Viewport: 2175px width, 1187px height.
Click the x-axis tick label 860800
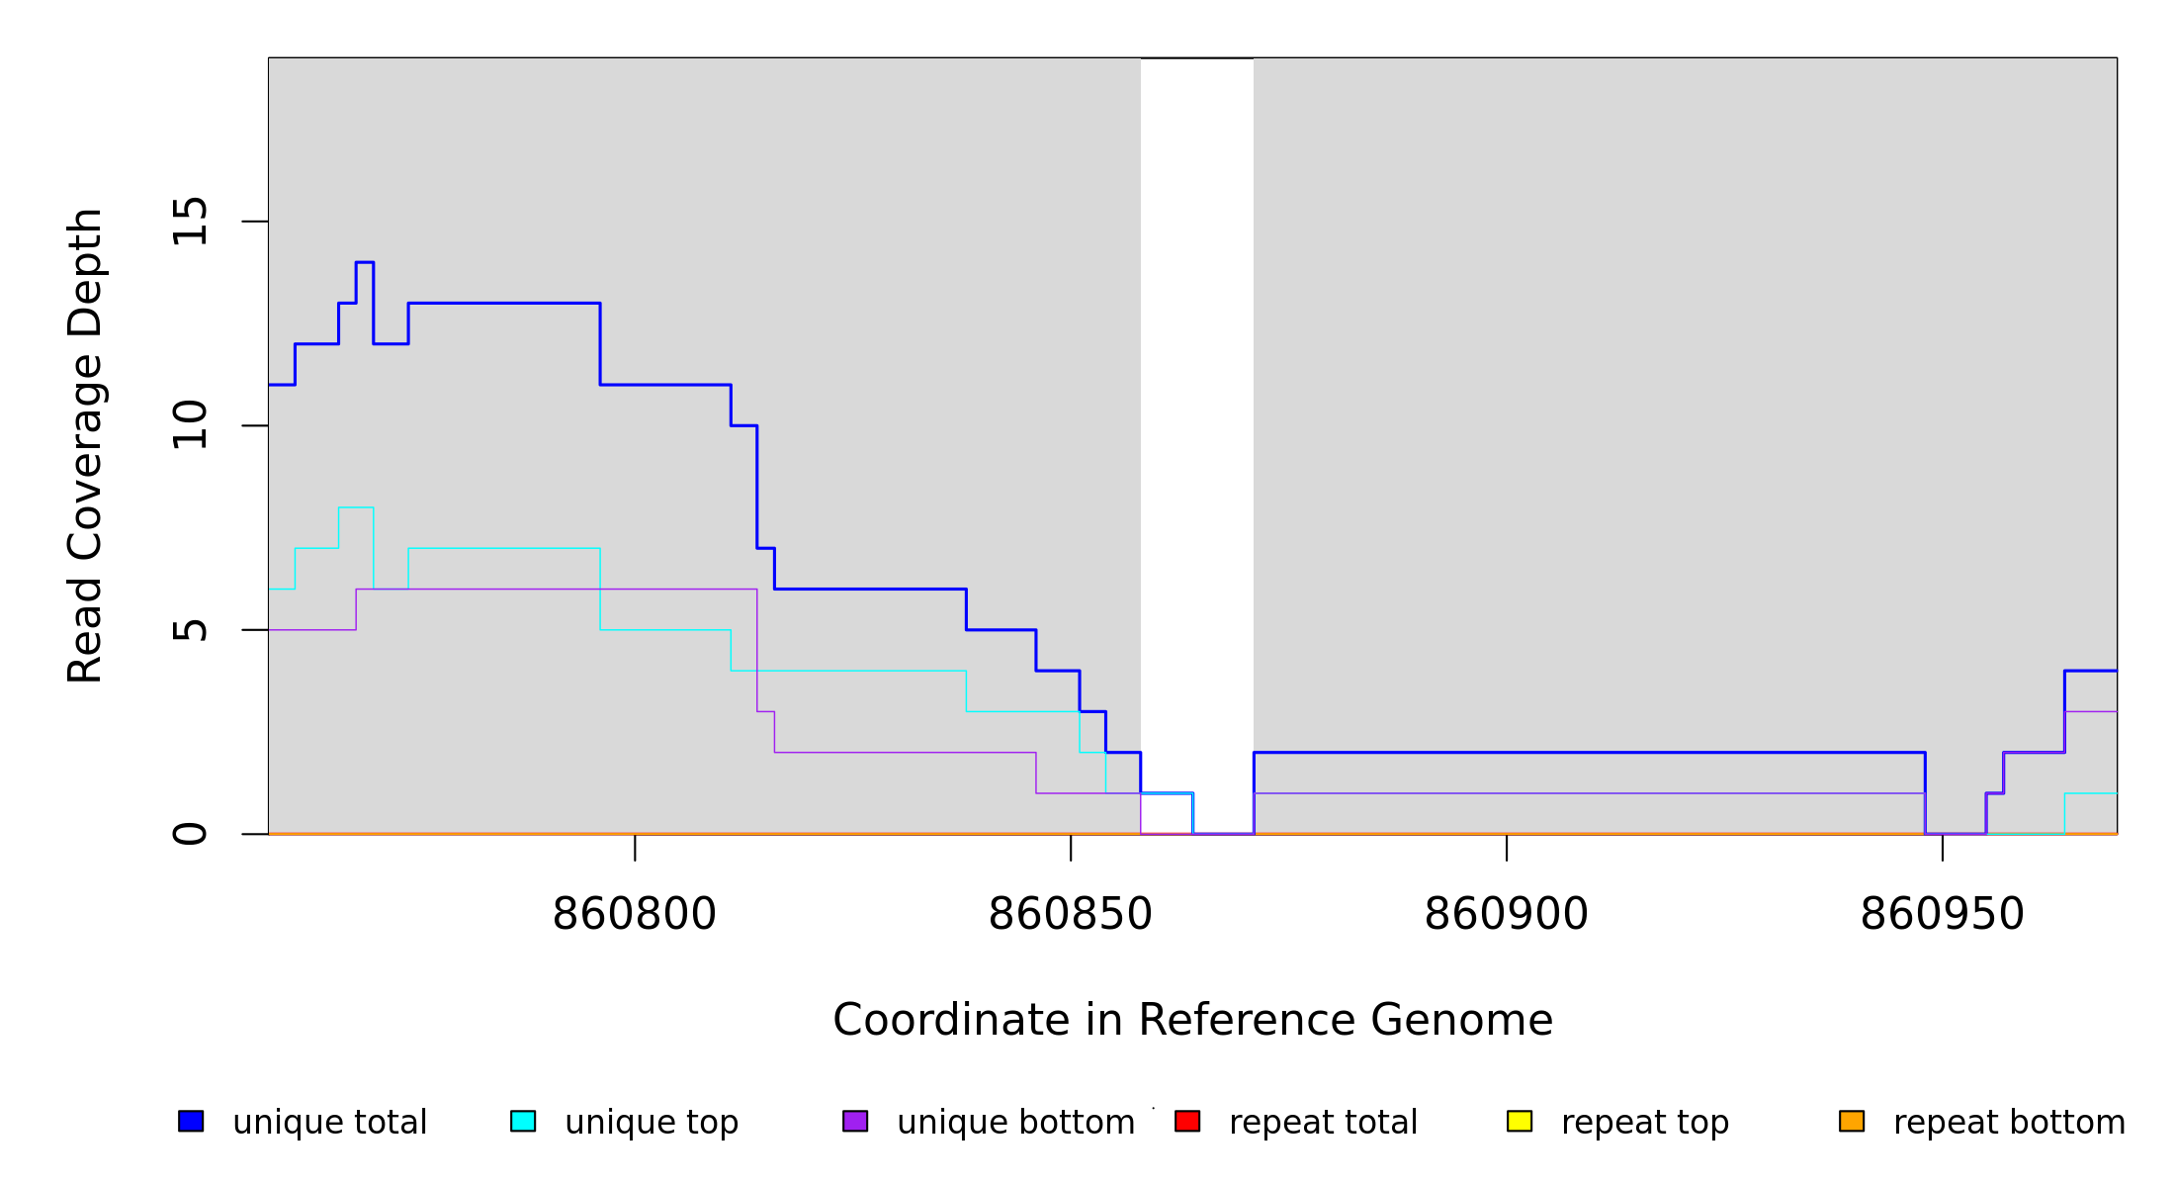[x=634, y=915]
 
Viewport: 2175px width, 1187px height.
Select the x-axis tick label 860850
[x=1070, y=915]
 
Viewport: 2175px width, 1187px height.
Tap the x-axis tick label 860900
[x=1506, y=915]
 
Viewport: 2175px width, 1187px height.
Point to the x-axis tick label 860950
[x=1942, y=915]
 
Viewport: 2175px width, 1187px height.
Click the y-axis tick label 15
[x=190, y=221]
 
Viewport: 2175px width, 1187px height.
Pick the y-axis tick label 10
[x=190, y=425]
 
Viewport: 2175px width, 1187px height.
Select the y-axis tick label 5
[x=190, y=630]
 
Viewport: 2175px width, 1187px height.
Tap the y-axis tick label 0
[x=190, y=834]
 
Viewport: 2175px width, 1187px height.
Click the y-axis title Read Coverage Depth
[x=85, y=445]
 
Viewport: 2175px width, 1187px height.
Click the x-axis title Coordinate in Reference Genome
[x=1192, y=1020]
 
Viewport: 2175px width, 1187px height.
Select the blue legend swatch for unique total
[x=191, y=1121]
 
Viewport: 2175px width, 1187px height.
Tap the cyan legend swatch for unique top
[x=523, y=1121]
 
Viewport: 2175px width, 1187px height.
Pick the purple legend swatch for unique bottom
[x=855, y=1121]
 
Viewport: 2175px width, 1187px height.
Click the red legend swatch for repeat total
[x=1187, y=1121]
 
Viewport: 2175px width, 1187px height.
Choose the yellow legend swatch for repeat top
[x=1520, y=1121]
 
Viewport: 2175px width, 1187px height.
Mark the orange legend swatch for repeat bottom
[x=1852, y=1121]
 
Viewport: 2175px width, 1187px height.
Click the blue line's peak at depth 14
[x=364, y=262]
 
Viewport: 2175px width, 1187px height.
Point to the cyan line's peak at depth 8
[x=356, y=507]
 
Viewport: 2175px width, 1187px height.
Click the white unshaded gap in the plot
[x=1196, y=396]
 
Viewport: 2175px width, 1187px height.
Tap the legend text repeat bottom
[x=2009, y=1123]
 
